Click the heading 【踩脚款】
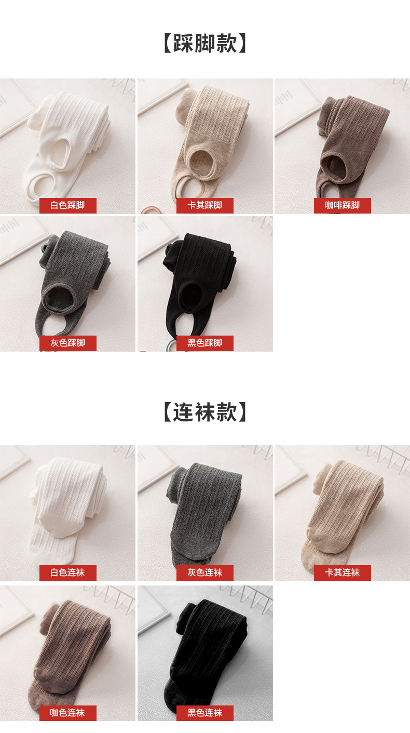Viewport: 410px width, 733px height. (x=205, y=43)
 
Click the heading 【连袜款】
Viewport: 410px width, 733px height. (x=205, y=412)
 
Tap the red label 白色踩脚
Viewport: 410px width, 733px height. (x=67, y=206)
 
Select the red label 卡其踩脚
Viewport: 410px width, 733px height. (x=205, y=206)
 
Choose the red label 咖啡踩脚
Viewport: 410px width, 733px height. (x=343, y=206)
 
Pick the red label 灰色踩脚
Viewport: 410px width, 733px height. (x=67, y=343)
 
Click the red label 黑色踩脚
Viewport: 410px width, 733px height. (x=205, y=343)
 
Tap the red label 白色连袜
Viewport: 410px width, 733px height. (x=67, y=572)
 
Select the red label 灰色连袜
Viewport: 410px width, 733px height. (x=205, y=572)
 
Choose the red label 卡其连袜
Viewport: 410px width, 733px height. (x=343, y=572)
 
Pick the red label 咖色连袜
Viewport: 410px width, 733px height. (x=67, y=713)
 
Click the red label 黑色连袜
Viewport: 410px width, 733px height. (x=205, y=713)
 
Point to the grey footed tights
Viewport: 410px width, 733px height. (x=204, y=511)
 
